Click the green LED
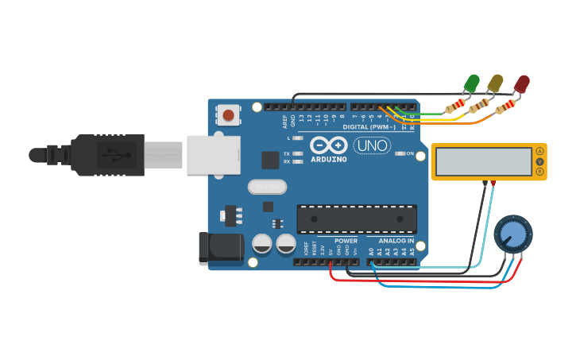[x=472, y=82]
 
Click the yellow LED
[x=496, y=82]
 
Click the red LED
[x=522, y=83]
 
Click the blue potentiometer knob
[x=513, y=234]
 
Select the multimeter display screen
[x=483, y=162]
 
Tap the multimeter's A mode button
[x=540, y=151]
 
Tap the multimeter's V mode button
[x=540, y=162]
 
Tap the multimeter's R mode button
[x=540, y=172]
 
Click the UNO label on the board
[x=372, y=145]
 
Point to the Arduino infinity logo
[x=328, y=145]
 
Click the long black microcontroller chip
[x=357, y=219]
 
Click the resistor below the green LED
[x=455, y=106]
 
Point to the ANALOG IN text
[x=396, y=241]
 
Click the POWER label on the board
[x=346, y=241]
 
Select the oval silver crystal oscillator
[x=266, y=187]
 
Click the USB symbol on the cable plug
[x=110, y=153]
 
